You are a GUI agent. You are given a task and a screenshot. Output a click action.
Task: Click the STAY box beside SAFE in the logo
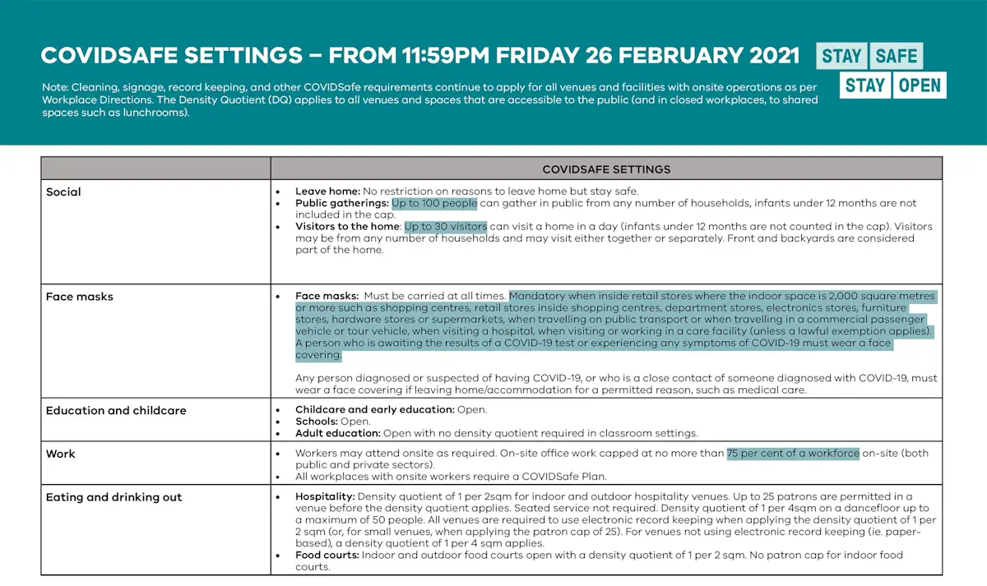click(x=841, y=56)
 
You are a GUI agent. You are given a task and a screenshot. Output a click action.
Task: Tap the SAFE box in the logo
click(x=896, y=56)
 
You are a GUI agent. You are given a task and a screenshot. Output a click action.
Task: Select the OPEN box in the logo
click(x=919, y=85)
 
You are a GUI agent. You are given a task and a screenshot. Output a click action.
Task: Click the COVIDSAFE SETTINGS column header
click(x=606, y=169)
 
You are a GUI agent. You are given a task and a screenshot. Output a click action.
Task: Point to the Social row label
click(x=63, y=192)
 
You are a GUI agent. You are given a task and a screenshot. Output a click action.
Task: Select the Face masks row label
click(x=79, y=297)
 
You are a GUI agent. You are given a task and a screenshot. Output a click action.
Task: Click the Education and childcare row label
click(x=116, y=411)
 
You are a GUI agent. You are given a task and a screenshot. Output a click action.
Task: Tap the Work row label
click(x=61, y=454)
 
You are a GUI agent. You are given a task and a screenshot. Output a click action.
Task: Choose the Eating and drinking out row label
click(x=114, y=497)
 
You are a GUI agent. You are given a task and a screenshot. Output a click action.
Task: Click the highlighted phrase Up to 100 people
click(x=434, y=203)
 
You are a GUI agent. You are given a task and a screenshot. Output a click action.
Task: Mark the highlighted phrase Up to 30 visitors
click(x=445, y=226)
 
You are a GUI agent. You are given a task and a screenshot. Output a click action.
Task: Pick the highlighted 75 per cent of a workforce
click(x=793, y=453)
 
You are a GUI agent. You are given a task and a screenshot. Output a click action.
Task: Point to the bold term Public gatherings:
click(x=341, y=203)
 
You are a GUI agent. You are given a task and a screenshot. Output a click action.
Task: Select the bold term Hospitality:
click(x=325, y=496)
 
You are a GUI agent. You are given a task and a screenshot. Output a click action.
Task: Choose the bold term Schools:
click(x=317, y=421)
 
